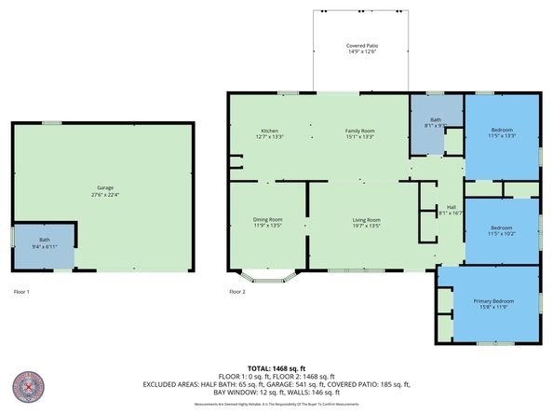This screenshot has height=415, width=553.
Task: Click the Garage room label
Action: pos(102,187)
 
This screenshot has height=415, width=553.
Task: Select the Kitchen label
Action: pos(270,130)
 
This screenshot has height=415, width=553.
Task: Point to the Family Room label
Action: pos(359,130)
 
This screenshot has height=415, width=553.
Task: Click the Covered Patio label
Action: pos(362,46)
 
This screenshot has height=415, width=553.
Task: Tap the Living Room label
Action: pos(366,219)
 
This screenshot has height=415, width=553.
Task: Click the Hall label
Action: pos(451,207)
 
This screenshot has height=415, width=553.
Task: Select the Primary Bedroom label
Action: pos(489,300)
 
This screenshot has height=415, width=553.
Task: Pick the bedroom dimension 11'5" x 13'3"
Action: pos(502,136)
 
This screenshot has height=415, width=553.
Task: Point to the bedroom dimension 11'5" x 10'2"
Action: pos(502,233)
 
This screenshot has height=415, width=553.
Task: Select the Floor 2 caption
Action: pos(237,292)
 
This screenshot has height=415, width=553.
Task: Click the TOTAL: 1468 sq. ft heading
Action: pos(276,367)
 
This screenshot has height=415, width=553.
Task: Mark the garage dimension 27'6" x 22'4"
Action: pos(102,194)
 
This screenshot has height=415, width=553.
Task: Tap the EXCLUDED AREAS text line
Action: pos(276,384)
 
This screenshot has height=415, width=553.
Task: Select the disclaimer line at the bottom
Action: pos(276,404)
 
